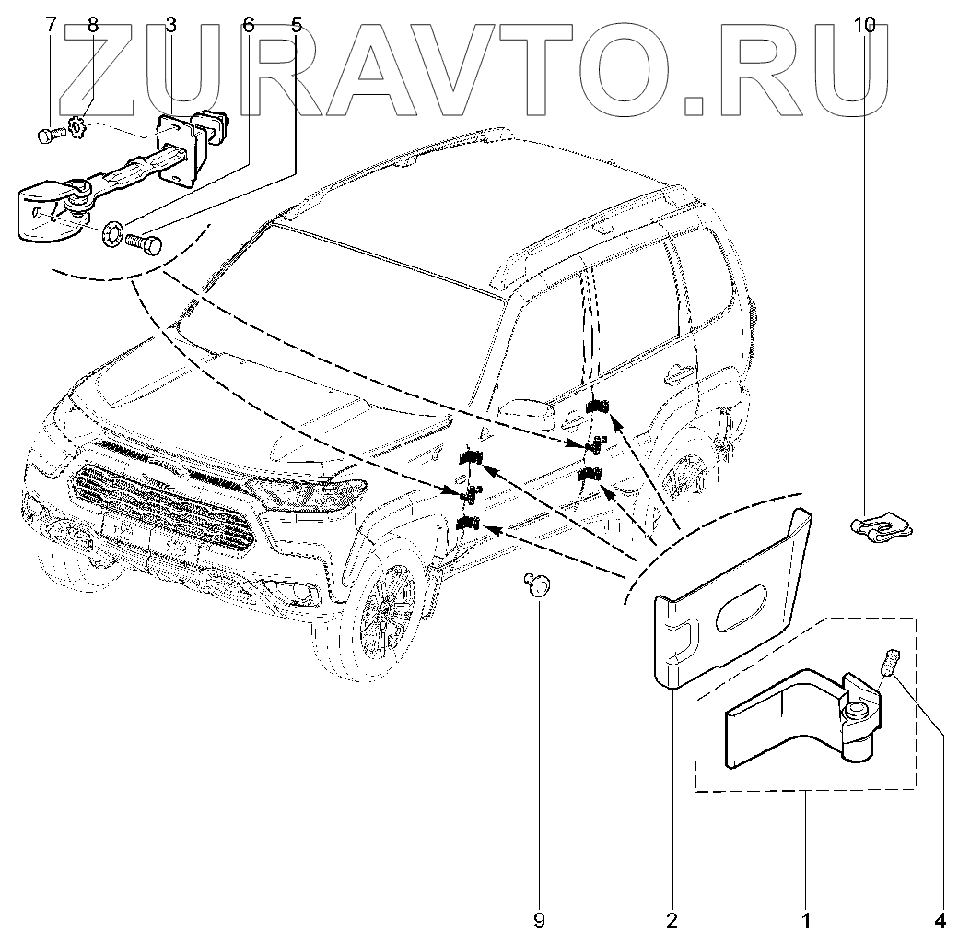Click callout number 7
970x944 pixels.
tap(50, 25)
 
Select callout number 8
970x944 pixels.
tap(92, 25)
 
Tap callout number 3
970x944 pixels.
tap(171, 25)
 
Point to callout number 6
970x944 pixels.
tap(248, 25)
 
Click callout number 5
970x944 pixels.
tap(296, 25)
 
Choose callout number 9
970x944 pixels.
tap(539, 919)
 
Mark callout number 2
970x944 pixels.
tap(672, 919)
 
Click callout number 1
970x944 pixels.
tap(805, 919)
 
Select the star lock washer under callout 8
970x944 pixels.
tap(77, 123)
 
